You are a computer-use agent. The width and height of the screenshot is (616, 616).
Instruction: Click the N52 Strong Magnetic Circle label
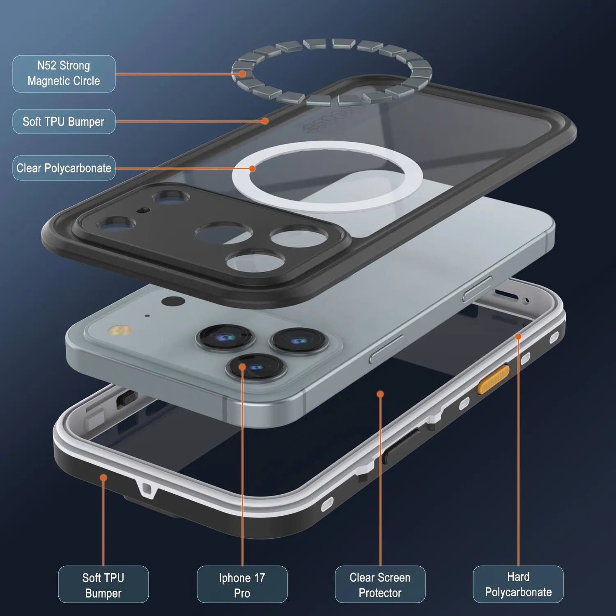[64, 74]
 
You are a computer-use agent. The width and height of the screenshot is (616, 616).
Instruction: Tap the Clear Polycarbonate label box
[64, 168]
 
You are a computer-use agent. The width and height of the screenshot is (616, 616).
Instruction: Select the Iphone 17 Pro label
[242, 584]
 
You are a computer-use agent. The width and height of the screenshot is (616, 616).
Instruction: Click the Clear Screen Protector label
[380, 584]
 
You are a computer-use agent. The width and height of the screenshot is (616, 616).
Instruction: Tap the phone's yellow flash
[119, 331]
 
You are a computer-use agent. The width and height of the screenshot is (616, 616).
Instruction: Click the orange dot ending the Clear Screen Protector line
[380, 394]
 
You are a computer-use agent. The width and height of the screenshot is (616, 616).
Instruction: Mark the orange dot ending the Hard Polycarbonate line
[518, 337]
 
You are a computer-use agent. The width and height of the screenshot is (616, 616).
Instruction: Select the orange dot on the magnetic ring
[242, 74]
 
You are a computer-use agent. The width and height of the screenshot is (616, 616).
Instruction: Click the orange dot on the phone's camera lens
[242, 366]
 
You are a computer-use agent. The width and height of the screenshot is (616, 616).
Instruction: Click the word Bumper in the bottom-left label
[103, 593]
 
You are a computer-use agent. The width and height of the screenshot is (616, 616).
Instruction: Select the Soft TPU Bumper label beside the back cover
[64, 122]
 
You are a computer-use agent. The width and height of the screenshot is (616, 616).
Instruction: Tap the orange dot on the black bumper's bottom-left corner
[103, 478]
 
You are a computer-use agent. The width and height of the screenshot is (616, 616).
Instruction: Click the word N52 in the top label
[46, 66]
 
